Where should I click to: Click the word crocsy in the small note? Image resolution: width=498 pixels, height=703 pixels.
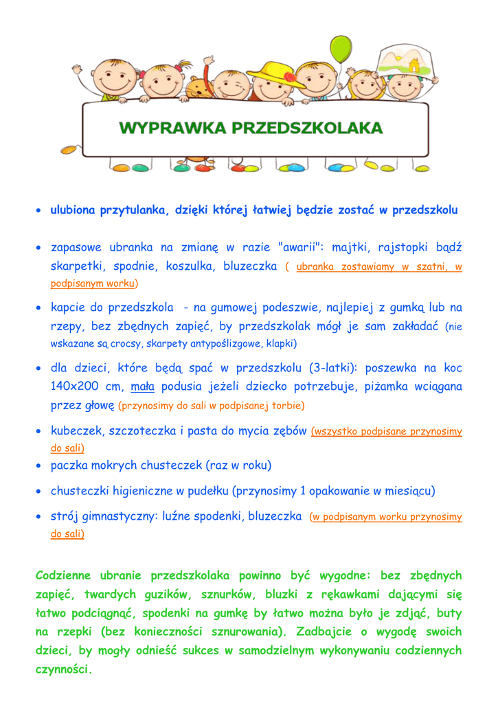tap(124, 343)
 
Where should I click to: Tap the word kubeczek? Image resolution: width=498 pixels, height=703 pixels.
tap(76, 432)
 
